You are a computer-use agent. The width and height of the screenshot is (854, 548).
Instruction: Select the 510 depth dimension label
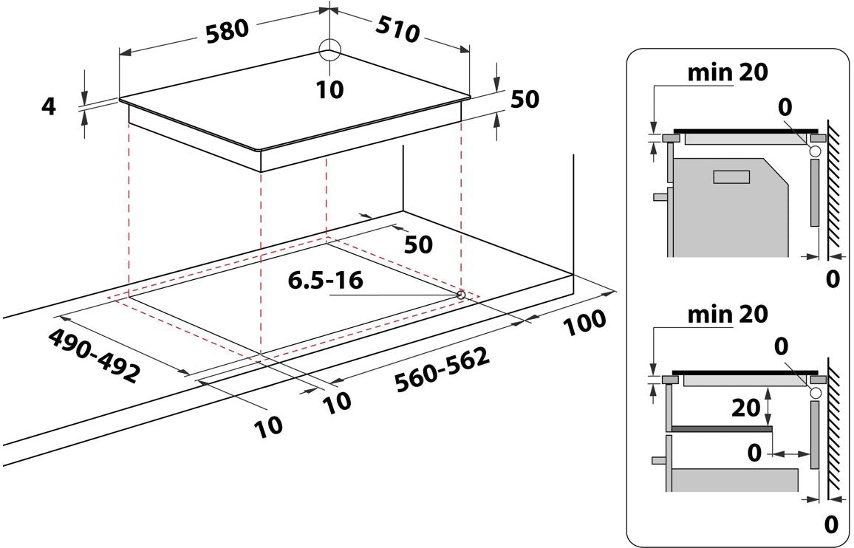pyautogui.click(x=397, y=30)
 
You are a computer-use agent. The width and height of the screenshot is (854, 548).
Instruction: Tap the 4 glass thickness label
pyautogui.click(x=49, y=106)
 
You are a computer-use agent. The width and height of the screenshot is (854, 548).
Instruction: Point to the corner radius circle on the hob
pyautogui.click(x=329, y=50)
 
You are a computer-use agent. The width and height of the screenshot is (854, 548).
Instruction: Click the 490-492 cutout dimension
pyautogui.click(x=95, y=355)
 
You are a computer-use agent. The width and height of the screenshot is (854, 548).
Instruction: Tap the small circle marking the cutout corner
pyautogui.click(x=461, y=295)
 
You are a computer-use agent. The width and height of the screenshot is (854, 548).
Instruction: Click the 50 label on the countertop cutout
pyautogui.click(x=418, y=245)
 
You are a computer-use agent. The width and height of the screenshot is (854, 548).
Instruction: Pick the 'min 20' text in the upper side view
pyautogui.click(x=728, y=72)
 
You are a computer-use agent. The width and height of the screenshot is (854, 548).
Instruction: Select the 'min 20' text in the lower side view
pyautogui.click(x=728, y=314)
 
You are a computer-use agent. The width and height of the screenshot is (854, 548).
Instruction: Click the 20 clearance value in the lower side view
pyautogui.click(x=745, y=407)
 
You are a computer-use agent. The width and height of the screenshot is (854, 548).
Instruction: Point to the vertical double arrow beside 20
pyautogui.click(x=768, y=406)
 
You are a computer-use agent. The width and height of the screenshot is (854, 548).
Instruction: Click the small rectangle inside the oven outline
pyautogui.click(x=731, y=177)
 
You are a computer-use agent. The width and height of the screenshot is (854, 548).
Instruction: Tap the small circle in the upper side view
pyautogui.click(x=816, y=151)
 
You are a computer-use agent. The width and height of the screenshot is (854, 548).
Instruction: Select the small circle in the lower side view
pyautogui.click(x=816, y=393)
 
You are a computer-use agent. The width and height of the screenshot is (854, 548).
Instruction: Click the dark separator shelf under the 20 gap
pyautogui.click(x=722, y=429)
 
